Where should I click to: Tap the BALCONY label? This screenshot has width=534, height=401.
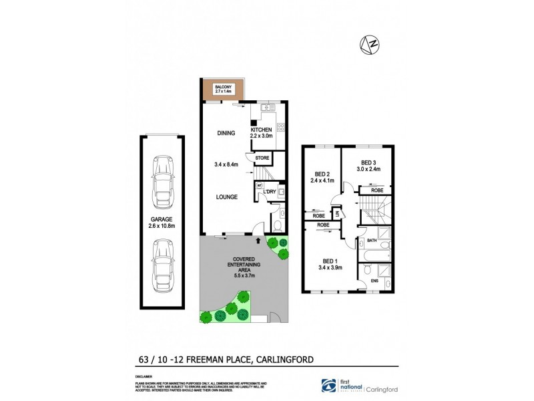[223, 87]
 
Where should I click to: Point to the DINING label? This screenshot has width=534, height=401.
[226, 133]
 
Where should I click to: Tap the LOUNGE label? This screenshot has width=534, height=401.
[226, 198]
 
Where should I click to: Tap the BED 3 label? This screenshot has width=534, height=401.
[369, 163]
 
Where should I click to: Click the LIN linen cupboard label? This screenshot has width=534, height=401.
[338, 213]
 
